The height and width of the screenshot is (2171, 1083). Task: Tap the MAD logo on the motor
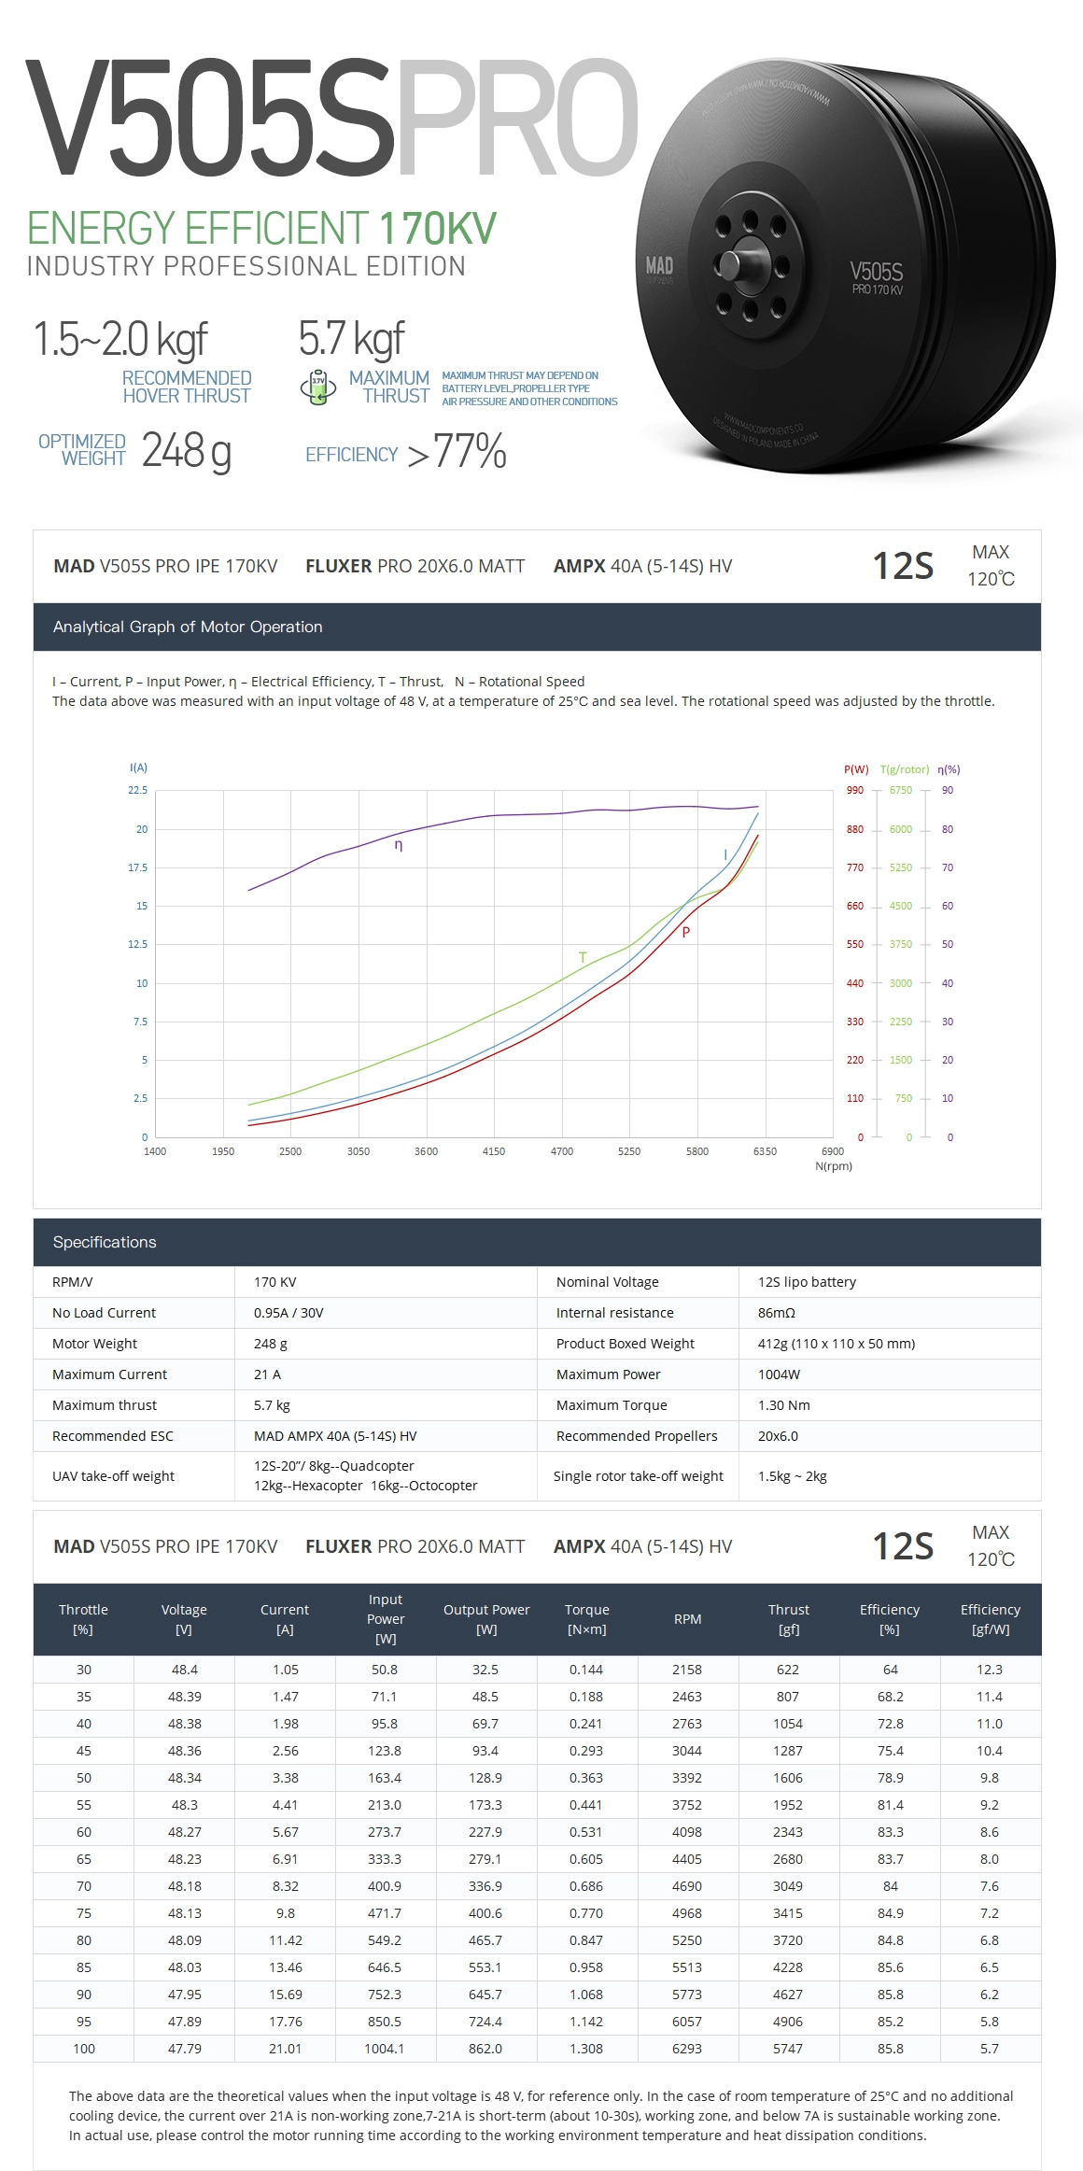pyautogui.click(x=659, y=267)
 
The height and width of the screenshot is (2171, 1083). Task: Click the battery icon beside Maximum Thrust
pyautogui.click(x=317, y=388)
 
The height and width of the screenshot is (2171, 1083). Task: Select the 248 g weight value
pyautogui.click(x=186, y=451)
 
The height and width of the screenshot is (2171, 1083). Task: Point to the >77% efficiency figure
pyautogui.click(x=457, y=453)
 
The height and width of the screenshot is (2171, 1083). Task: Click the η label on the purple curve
pyautogui.click(x=399, y=845)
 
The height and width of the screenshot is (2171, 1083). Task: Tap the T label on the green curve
pyautogui.click(x=583, y=957)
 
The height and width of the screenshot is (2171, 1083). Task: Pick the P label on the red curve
pyautogui.click(x=685, y=932)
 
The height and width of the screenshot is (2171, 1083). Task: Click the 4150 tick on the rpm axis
pyautogui.click(x=493, y=1151)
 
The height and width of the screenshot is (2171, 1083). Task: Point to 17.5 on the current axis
pyautogui.click(x=138, y=867)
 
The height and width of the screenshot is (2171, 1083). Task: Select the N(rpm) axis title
pyautogui.click(x=834, y=1166)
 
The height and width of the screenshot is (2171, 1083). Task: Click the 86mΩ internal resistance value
pyautogui.click(x=776, y=1313)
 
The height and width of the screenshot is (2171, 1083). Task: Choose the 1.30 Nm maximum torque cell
pyautogui.click(x=783, y=1405)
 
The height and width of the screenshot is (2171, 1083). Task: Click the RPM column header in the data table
pyautogui.click(x=687, y=1619)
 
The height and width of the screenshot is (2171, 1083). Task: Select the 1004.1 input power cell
pyautogui.click(x=385, y=2049)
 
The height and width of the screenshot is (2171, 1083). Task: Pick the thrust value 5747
pyautogui.click(x=788, y=2049)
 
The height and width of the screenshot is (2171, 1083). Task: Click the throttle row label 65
pyautogui.click(x=84, y=1859)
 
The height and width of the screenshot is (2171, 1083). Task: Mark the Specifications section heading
pyautogui.click(x=105, y=1242)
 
